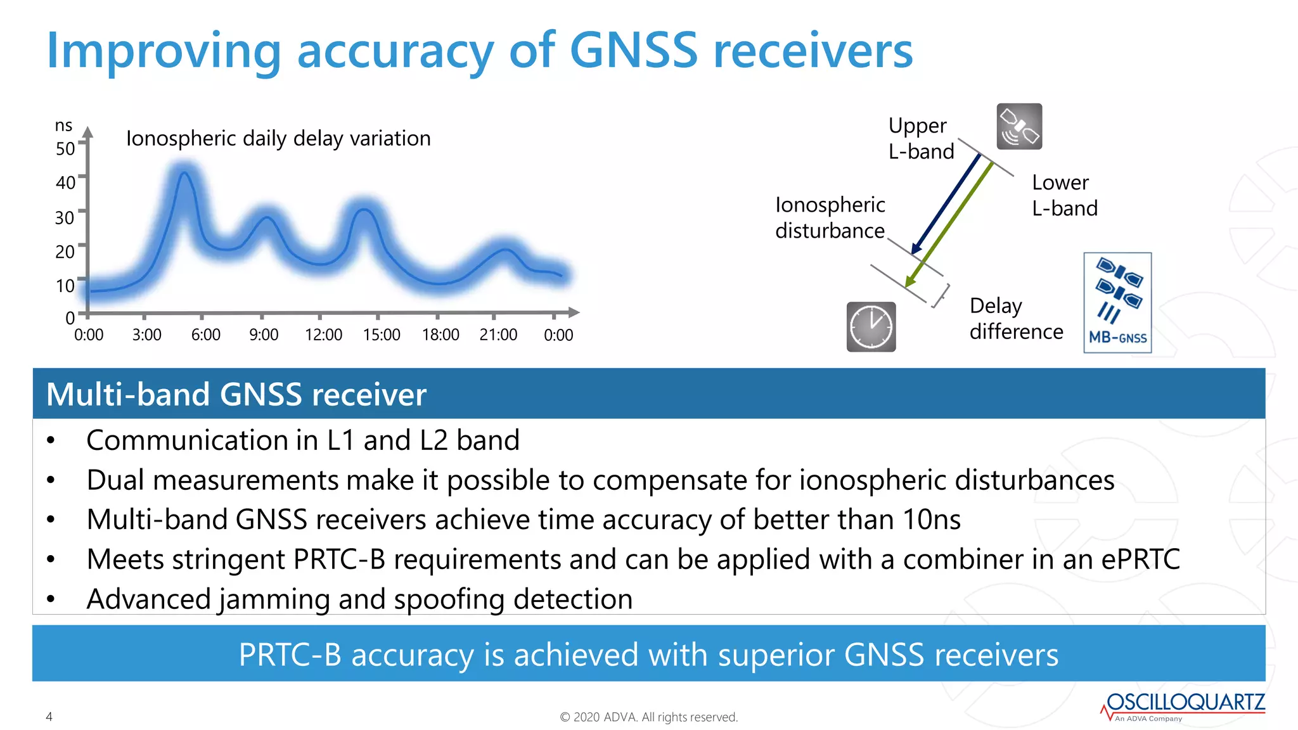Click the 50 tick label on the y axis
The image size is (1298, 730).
(x=65, y=149)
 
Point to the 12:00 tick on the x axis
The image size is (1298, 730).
(x=323, y=335)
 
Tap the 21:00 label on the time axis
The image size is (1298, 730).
(x=498, y=335)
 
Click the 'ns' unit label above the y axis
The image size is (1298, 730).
(x=63, y=125)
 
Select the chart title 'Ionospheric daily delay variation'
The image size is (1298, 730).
(x=278, y=138)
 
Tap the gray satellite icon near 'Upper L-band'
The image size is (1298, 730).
(x=1019, y=127)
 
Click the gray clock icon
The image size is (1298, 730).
(x=871, y=327)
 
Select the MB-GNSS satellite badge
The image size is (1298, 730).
(x=1117, y=303)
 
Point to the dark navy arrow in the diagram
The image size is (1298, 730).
(x=946, y=203)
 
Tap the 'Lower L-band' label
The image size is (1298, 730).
(x=1064, y=195)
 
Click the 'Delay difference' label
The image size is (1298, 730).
(x=1015, y=319)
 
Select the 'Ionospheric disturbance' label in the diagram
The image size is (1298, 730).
(x=830, y=217)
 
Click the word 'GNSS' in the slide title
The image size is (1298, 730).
(x=633, y=51)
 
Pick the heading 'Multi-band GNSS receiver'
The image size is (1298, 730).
(x=236, y=394)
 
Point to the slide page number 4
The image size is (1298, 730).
(x=49, y=717)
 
